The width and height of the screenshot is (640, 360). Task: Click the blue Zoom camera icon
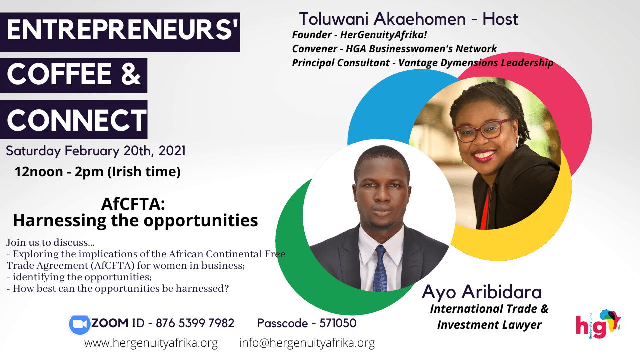tap(79, 324)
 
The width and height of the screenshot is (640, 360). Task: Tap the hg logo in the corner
tap(598, 325)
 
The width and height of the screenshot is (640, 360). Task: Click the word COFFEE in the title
tap(59, 74)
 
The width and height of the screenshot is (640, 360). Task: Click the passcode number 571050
tap(338, 323)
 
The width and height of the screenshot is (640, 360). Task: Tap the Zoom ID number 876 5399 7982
tap(195, 323)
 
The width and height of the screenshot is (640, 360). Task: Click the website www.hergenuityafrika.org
tap(151, 343)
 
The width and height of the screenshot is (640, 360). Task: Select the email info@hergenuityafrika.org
tap(307, 343)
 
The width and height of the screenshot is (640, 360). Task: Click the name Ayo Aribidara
tap(481, 292)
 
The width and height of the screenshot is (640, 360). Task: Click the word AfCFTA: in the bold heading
tap(133, 204)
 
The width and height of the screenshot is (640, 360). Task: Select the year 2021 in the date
tap(172, 151)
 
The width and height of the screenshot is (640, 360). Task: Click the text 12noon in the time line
tap(39, 172)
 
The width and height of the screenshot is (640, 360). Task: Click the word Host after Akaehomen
tap(500, 19)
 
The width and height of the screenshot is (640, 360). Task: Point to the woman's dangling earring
tap(517, 141)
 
